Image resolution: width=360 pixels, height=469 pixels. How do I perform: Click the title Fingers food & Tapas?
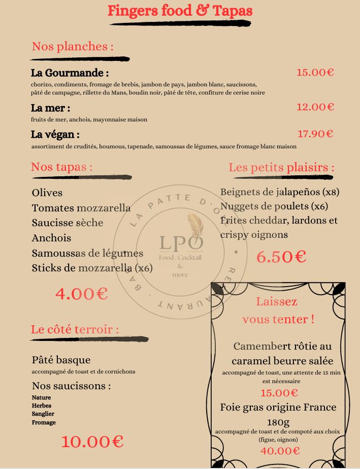click(x=180, y=11)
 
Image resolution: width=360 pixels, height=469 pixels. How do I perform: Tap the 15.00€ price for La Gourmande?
click(x=315, y=72)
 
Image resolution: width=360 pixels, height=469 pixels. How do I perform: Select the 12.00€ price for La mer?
click(x=315, y=107)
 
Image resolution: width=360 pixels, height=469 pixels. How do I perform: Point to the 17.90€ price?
click(x=315, y=134)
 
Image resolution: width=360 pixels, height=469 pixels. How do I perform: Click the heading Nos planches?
click(x=72, y=47)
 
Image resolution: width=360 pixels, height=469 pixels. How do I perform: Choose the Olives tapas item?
click(x=47, y=193)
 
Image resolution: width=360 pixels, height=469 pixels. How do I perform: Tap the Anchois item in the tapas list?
click(x=51, y=238)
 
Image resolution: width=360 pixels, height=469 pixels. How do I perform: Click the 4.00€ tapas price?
click(x=81, y=293)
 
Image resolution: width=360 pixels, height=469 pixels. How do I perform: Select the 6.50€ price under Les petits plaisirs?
click(x=281, y=257)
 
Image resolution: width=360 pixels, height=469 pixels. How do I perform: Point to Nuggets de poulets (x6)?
click(x=274, y=206)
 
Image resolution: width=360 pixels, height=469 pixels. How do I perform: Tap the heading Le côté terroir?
click(x=75, y=329)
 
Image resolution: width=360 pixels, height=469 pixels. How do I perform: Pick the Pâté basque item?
click(x=61, y=360)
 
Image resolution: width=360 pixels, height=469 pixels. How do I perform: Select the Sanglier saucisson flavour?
click(x=43, y=414)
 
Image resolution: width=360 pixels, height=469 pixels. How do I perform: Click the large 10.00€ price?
click(x=92, y=441)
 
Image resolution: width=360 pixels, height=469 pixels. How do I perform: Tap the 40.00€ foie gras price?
click(x=280, y=451)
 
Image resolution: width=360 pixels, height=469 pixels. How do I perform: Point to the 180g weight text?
click(x=278, y=422)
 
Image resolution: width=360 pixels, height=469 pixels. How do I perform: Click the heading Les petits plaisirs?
click(x=281, y=167)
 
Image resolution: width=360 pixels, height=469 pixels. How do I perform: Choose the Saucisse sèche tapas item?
click(x=67, y=223)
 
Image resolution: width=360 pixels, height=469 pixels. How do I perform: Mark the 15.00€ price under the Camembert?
click(x=279, y=393)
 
